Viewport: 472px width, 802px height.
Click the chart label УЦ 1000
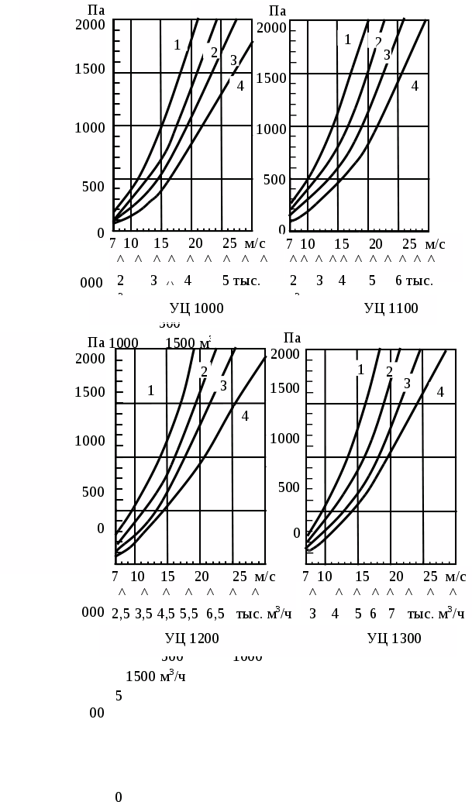196,308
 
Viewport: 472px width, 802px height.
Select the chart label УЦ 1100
391,308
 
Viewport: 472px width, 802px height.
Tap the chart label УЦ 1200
191,639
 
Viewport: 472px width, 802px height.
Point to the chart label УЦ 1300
394,639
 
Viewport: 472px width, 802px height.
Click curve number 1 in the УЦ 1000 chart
177,45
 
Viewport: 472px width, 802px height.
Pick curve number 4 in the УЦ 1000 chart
240,86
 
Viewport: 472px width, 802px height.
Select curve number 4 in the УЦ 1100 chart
415,86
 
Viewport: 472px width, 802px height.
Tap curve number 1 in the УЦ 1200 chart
151,391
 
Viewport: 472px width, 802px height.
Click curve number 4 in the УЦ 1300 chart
440,392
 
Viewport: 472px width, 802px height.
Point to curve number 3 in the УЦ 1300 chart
407,383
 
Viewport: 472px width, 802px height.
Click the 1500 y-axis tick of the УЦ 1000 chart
90,69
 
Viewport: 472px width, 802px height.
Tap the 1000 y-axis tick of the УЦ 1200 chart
90,441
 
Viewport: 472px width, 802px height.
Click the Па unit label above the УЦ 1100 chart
277,11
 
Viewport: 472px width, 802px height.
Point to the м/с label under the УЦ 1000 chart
254,243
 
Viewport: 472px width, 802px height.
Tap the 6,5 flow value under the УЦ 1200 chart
215,614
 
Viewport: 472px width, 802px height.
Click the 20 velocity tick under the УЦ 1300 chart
395,577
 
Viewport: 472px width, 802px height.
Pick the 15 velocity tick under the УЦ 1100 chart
342,244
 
